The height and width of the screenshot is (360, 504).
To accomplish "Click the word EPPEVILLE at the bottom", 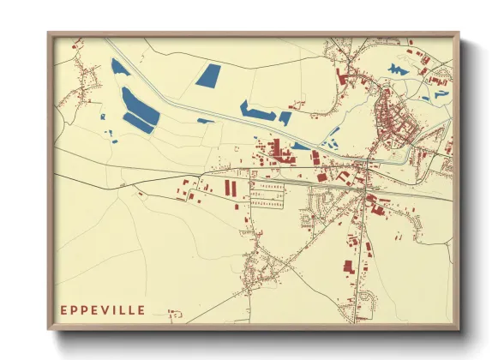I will [x=102, y=309].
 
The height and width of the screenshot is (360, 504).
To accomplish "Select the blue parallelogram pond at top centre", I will [x=208, y=75].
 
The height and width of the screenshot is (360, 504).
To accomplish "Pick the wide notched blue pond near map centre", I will [x=256, y=110].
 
